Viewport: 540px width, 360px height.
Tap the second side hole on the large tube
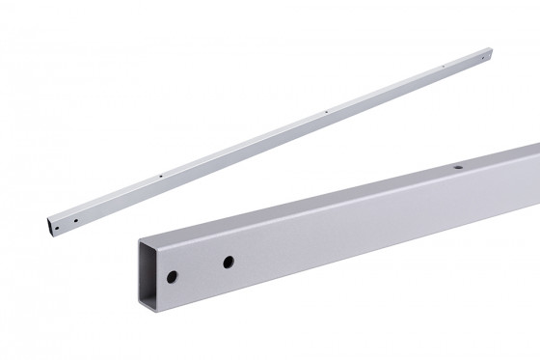point(229,262)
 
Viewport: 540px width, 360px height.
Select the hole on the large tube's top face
point(458,168)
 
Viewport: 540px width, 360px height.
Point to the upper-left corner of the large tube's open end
point(141,237)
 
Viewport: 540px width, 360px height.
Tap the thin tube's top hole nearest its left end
point(159,177)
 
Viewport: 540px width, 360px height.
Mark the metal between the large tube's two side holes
point(201,268)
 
